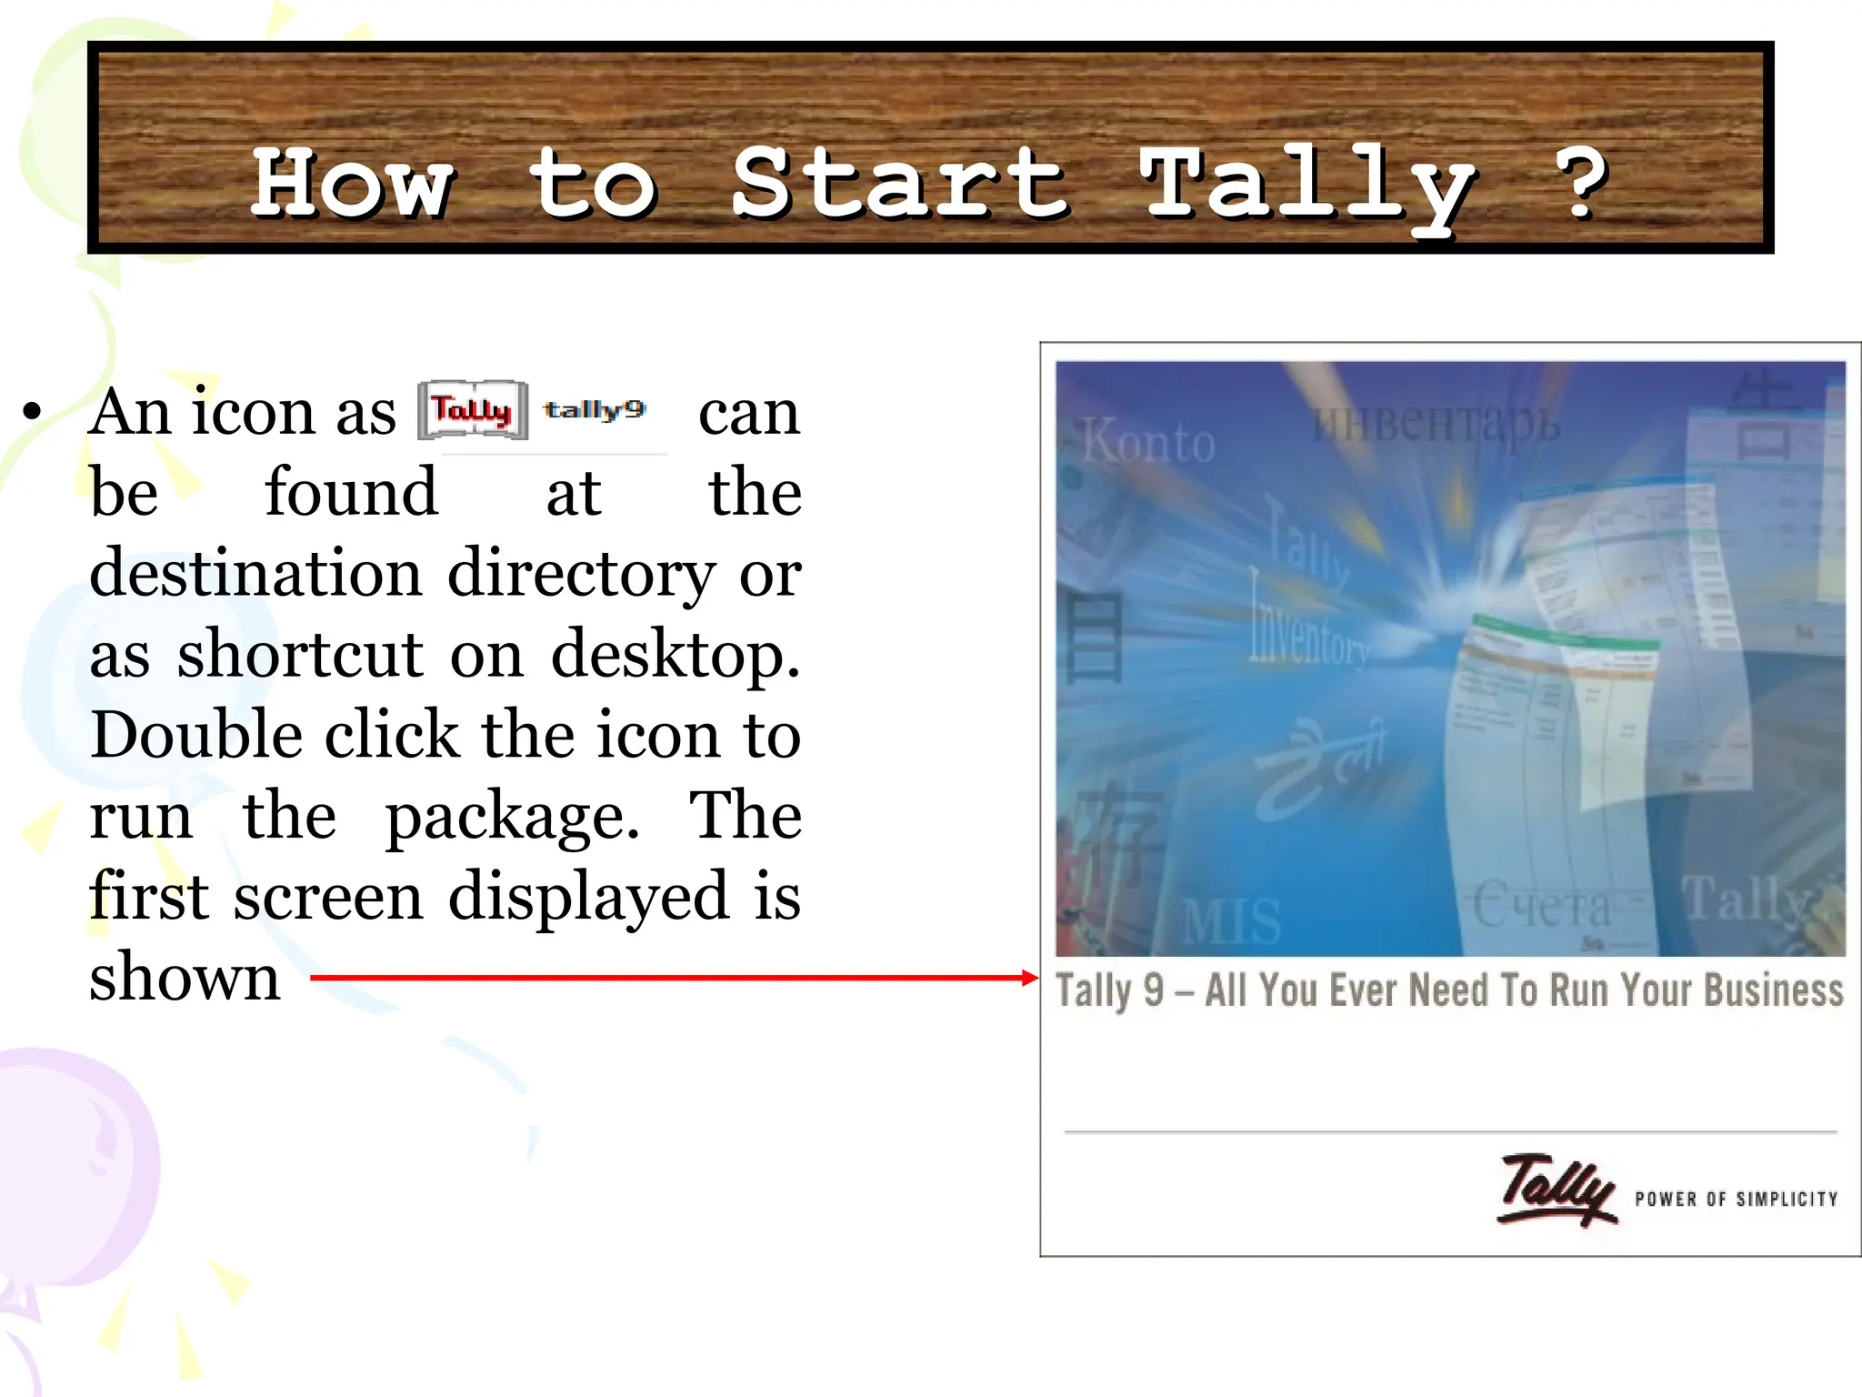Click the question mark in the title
(1582, 185)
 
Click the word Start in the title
(900, 185)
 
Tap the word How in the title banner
(353, 185)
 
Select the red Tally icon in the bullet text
(473, 410)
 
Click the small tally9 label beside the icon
(595, 410)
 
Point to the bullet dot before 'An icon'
(34, 412)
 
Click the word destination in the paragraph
(255, 574)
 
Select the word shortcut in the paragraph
(300, 655)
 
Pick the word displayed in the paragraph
(588, 897)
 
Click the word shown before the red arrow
(185, 978)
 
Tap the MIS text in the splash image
(1231, 920)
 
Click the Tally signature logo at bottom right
(1557, 1190)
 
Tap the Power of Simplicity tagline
(1736, 1200)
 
